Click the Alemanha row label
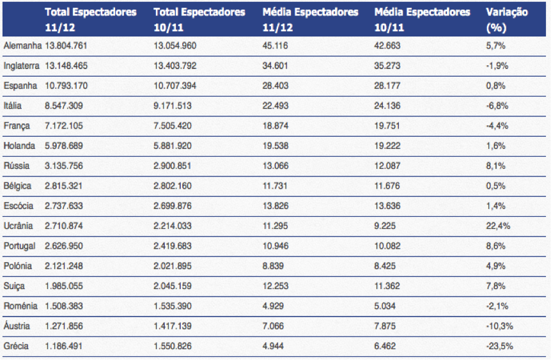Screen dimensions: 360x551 point(22,45)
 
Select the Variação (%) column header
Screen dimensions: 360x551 point(506,20)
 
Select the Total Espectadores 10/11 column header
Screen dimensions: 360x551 point(199,20)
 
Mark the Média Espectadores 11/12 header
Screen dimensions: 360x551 point(310,20)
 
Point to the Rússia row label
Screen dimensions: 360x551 point(17,166)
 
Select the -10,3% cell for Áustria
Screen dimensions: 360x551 point(499,326)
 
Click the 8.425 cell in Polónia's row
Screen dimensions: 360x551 point(384,266)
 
